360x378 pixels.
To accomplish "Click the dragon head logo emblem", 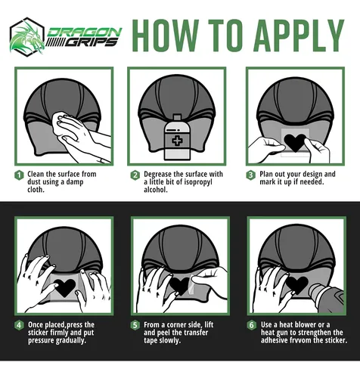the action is pyautogui.click(x=27, y=36).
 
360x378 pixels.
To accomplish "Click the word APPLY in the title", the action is pyautogui.click(x=299, y=36).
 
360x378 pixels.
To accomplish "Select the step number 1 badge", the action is pyautogui.click(x=19, y=175).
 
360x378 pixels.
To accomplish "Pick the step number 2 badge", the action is pyautogui.click(x=135, y=175).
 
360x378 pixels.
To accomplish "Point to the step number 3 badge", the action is pyautogui.click(x=251, y=175).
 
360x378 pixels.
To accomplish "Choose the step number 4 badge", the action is pyautogui.click(x=19, y=325).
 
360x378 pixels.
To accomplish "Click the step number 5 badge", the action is pyautogui.click(x=135, y=325).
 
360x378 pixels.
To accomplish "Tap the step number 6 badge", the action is pyautogui.click(x=252, y=325).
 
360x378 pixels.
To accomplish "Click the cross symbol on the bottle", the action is pyautogui.click(x=177, y=141).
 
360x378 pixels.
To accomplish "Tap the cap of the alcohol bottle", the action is pyautogui.click(x=177, y=117).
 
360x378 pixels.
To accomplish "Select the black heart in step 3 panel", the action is pyautogui.click(x=295, y=142).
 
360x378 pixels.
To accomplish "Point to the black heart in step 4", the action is pyautogui.click(x=64, y=287).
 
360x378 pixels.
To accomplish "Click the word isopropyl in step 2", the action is pyautogui.click(x=198, y=182).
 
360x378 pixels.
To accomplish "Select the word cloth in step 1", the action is pyautogui.click(x=36, y=190).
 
